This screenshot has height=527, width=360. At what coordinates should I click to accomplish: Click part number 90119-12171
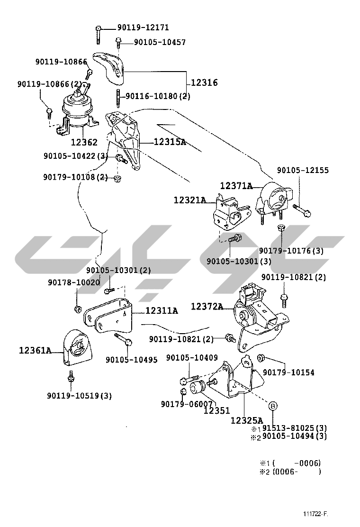coord(143,27)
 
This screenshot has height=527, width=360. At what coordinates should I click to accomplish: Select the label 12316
coord(204,82)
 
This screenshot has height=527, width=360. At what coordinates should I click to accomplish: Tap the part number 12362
coord(84,142)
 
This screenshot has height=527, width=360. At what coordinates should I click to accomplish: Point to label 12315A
coord(170,142)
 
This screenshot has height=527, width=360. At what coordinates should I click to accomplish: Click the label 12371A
coord(236,185)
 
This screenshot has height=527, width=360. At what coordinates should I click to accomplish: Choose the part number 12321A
coord(190,200)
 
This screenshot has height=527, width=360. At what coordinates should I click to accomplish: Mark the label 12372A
coord(207,307)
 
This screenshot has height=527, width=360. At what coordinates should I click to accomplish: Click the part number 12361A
coord(35,351)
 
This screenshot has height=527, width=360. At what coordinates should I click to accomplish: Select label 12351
coord(217,410)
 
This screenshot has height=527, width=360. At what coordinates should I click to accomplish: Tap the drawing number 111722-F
coord(315,514)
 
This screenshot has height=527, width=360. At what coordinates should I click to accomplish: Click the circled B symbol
coord(273,406)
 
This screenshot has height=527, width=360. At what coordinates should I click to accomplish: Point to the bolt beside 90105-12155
coord(302,210)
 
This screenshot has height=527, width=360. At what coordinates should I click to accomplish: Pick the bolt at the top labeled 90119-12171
coord(98,35)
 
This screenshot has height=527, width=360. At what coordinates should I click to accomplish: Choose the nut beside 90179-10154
coord(261,358)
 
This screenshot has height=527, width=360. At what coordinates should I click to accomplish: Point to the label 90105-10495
coord(132,360)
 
